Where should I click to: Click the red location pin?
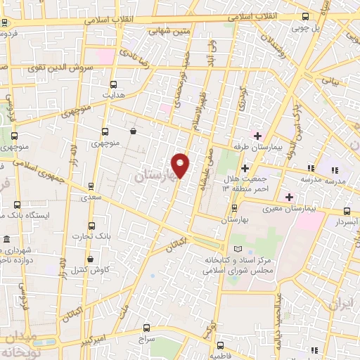pyautogui.click(x=181, y=166)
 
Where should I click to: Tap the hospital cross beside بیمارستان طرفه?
pyautogui.click(x=258, y=136)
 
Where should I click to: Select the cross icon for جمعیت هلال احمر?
pyautogui.click(x=245, y=168)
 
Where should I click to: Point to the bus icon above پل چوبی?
pyautogui.click(x=304, y=16)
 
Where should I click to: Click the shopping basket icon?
pyautogui.click(x=133, y=130)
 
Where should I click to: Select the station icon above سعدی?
pyautogui.click(x=90, y=186)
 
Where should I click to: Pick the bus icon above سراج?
pyautogui.click(x=146, y=327)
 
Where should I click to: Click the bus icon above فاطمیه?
pyautogui.click(x=220, y=345)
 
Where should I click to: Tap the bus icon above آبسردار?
pyautogui.click(x=346, y=211)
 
